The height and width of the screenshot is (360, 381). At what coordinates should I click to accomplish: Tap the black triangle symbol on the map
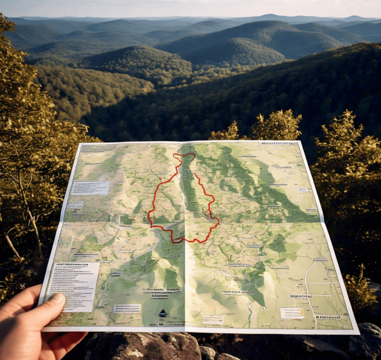(x=162, y=312)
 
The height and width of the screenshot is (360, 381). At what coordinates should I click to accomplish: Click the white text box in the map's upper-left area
(x=91, y=187)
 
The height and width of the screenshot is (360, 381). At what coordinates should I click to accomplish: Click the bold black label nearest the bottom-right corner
(x=327, y=317)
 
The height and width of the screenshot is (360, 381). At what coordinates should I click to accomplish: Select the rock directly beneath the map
(x=144, y=346)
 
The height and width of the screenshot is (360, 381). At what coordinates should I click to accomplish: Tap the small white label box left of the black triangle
(x=127, y=308)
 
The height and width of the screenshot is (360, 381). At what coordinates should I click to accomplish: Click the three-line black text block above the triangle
(x=160, y=292)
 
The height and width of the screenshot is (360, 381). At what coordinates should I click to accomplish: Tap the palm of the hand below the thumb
(x=32, y=331)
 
